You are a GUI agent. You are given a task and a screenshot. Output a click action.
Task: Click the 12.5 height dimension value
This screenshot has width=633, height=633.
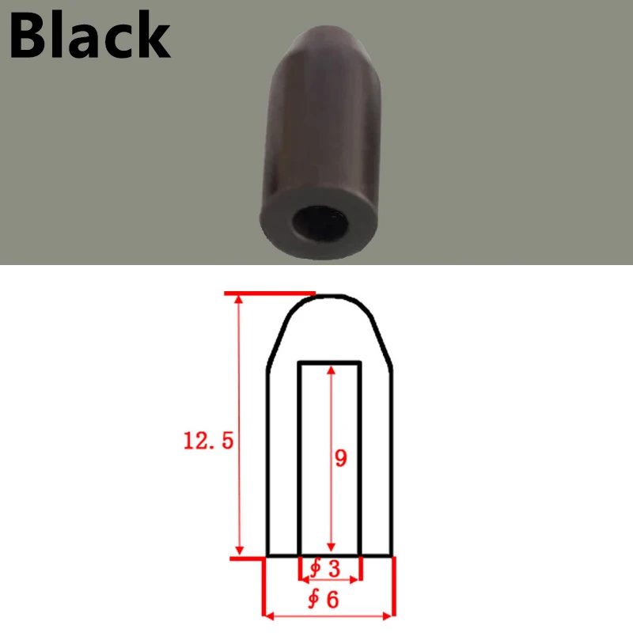coord(209,442)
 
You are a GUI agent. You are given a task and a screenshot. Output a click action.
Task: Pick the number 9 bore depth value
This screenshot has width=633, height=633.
coord(341,459)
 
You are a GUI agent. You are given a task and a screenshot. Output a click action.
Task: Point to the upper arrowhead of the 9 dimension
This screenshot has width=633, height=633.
coord(331,371)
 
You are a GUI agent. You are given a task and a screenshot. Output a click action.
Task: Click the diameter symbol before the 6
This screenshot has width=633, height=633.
coord(314,600)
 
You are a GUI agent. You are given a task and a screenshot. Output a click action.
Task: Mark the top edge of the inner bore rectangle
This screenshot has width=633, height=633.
coord(330,363)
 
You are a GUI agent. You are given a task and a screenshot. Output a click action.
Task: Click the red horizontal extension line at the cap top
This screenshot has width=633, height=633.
coord(270,294)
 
